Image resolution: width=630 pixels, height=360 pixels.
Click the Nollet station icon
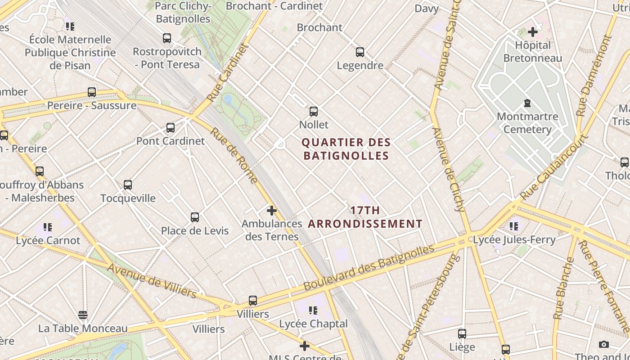click(314, 111)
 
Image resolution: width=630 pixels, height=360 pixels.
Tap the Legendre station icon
click(360, 52)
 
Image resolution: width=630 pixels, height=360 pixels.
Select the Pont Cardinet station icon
click(171, 128)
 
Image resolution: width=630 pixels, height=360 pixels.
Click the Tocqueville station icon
click(128, 185)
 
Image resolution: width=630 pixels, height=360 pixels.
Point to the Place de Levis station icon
click(195, 217)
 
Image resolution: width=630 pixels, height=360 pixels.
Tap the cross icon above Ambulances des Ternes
click(272, 210)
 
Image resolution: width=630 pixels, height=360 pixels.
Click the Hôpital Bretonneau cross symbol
click(533, 32)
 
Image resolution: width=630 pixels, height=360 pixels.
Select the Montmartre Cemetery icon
click(527, 103)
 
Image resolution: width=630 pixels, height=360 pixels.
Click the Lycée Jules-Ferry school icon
click(514, 226)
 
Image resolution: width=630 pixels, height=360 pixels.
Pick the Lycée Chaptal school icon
click(313, 310)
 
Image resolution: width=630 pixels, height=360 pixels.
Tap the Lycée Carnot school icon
click(48, 227)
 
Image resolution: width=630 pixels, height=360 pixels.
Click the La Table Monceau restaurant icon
click(82, 315)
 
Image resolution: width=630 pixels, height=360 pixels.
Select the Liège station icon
click(462, 334)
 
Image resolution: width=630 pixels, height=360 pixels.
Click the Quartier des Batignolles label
click(346, 149)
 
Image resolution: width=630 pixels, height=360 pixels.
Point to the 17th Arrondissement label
click(365, 217)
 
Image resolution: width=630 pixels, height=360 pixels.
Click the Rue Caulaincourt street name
click(554, 167)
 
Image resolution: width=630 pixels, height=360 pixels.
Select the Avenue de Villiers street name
click(152, 281)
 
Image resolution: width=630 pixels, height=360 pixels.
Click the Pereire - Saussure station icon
click(92, 92)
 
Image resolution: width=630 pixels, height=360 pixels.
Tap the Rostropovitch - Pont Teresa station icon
click(167, 38)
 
